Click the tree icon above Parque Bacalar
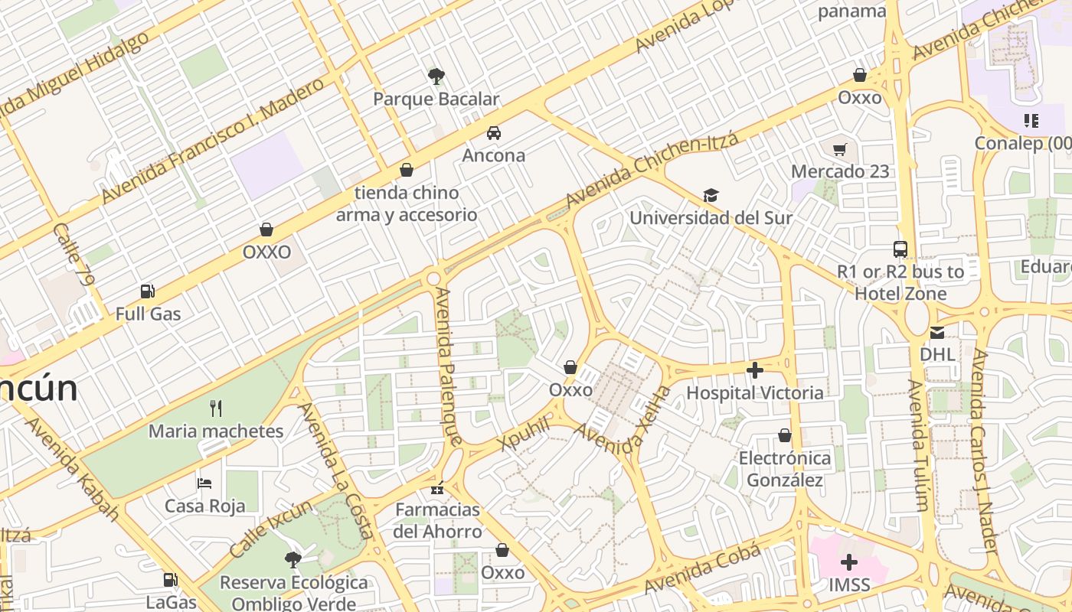[x=436, y=76]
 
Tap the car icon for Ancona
[x=494, y=132]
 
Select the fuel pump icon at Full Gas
[x=148, y=291]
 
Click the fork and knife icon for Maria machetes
[x=216, y=409]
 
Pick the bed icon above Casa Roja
[x=204, y=483]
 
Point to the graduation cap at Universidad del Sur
[x=711, y=196]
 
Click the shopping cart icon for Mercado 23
[x=840, y=149]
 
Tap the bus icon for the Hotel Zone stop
[x=900, y=249]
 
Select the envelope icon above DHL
[x=937, y=333]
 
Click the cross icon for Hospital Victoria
[x=755, y=371]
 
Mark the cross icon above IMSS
[x=849, y=563]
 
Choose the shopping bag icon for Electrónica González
[x=785, y=436]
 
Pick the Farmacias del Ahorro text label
[x=438, y=520]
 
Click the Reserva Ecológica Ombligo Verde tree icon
[x=293, y=560]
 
